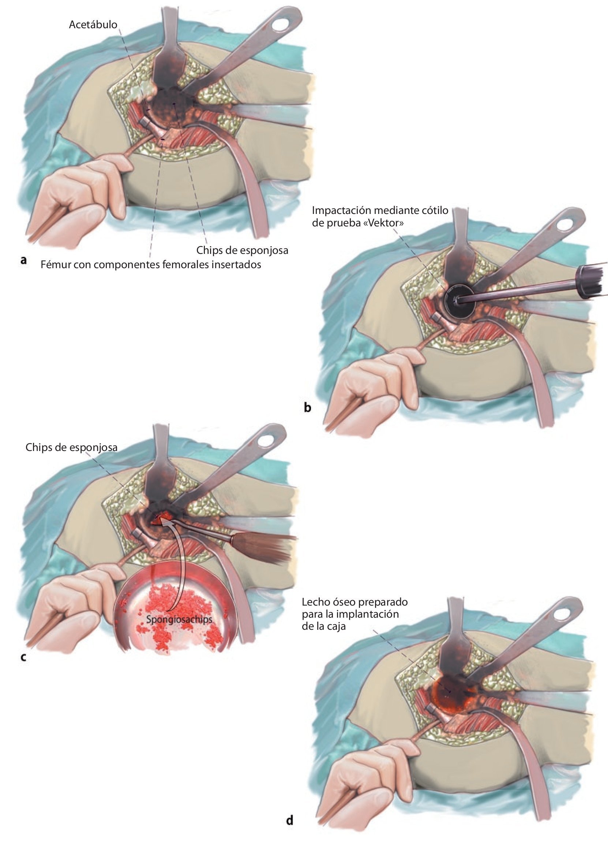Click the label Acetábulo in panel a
(93, 25)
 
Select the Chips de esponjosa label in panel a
(243, 250)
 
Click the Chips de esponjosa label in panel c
(71, 447)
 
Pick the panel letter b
(307, 407)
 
